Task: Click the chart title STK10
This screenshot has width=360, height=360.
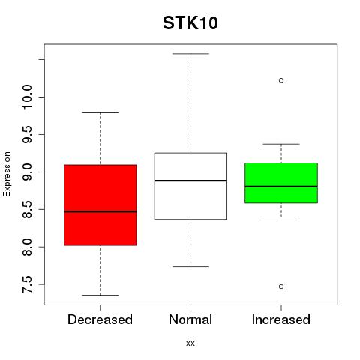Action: pyautogui.click(x=190, y=23)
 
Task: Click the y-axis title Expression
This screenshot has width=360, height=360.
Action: pyautogui.click(x=7, y=174)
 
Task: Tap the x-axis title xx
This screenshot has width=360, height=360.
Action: pyautogui.click(x=190, y=343)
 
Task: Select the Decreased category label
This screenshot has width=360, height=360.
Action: pyautogui.click(x=100, y=319)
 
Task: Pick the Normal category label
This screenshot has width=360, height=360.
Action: pyautogui.click(x=190, y=319)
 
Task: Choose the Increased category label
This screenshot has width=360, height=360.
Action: pyautogui.click(x=281, y=319)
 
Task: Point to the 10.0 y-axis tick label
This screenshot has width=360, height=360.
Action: pyautogui.click(x=27, y=97)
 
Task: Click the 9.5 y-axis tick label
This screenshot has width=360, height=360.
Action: pyautogui.click(x=27, y=134)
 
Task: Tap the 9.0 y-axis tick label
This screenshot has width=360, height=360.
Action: pyautogui.click(x=27, y=172)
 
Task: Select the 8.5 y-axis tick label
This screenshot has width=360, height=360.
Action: pyautogui.click(x=27, y=209)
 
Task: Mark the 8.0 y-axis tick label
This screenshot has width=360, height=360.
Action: pyautogui.click(x=27, y=247)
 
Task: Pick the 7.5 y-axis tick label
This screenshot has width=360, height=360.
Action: pyautogui.click(x=27, y=284)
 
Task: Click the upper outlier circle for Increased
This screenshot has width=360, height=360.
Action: pyautogui.click(x=281, y=80)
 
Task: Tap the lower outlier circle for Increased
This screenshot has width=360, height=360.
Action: pyautogui.click(x=281, y=286)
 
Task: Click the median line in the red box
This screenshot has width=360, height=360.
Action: pyautogui.click(x=100, y=211)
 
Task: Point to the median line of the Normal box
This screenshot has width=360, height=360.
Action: pyautogui.click(x=190, y=181)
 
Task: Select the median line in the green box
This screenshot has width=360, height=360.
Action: pyautogui.click(x=281, y=187)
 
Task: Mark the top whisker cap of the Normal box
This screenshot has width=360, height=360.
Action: pyautogui.click(x=190, y=54)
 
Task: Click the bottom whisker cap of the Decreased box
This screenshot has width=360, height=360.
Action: pyautogui.click(x=100, y=295)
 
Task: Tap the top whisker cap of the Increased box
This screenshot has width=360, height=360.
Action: pyautogui.click(x=281, y=144)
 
